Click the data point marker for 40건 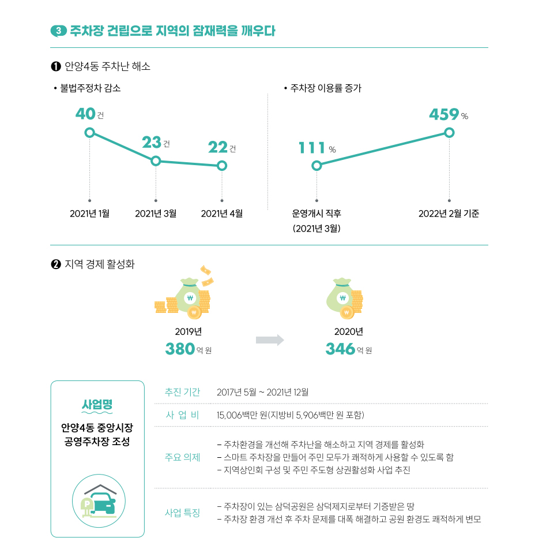point(89,132)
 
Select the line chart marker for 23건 point(156,161)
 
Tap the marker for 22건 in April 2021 point(222,166)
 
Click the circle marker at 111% point(317,166)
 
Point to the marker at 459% point(450,132)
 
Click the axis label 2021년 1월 point(89,214)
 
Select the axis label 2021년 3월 point(156,214)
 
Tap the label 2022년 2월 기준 point(449,214)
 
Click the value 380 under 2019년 point(179,349)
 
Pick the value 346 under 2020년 point(340,349)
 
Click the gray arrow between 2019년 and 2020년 point(270,340)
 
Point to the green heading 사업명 point(97,404)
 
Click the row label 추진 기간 point(182,392)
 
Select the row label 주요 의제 point(182,457)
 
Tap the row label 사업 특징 point(182,513)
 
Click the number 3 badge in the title point(59,31)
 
